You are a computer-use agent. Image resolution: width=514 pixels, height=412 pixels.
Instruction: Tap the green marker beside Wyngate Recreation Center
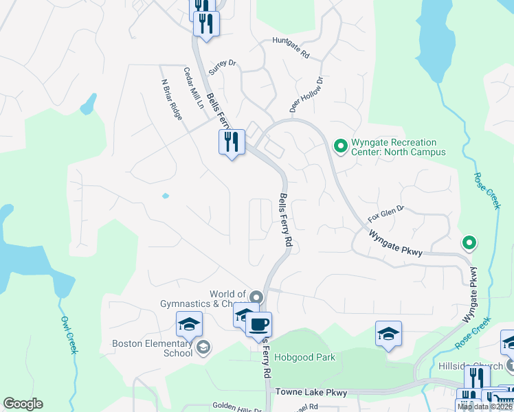point(339,146)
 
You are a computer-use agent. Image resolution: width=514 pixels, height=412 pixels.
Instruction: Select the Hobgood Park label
point(304,358)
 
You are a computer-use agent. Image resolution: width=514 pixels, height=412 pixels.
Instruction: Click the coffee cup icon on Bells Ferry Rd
point(258,324)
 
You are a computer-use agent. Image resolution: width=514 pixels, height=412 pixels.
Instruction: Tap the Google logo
point(23,404)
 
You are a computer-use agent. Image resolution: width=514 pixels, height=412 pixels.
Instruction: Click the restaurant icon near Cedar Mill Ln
point(232,141)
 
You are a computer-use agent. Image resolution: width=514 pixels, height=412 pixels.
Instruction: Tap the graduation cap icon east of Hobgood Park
point(388,334)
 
